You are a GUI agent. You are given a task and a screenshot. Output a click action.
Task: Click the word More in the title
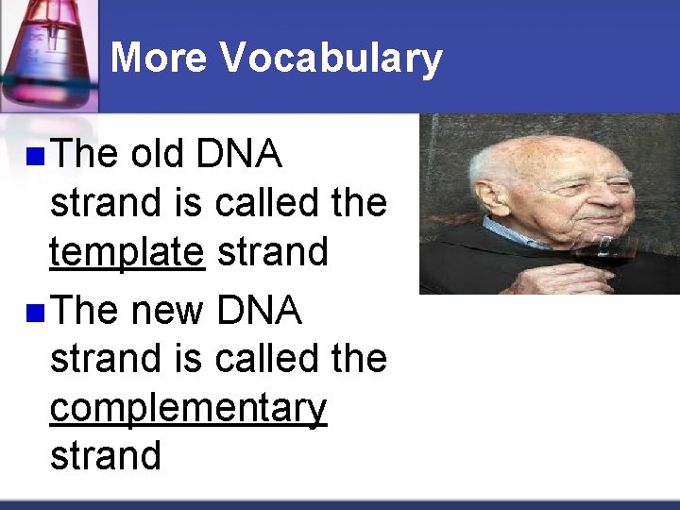(x=159, y=58)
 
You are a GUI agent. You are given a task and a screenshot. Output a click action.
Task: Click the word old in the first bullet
(x=158, y=154)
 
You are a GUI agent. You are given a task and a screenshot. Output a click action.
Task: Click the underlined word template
(x=127, y=253)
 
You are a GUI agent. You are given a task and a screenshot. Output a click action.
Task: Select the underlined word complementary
(x=188, y=409)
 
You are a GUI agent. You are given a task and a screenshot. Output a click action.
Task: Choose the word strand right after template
(x=272, y=252)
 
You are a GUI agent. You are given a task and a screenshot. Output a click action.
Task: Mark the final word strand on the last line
(x=105, y=455)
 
